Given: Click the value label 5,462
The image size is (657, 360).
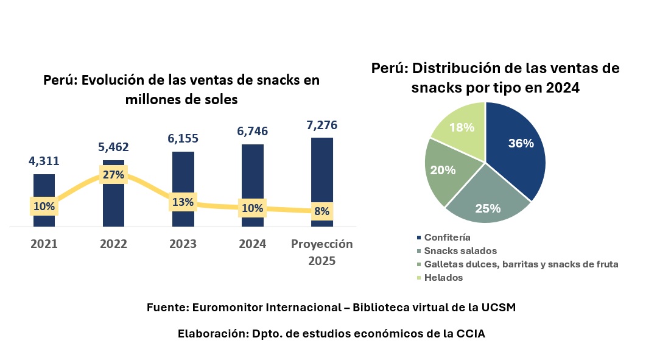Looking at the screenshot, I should tap(113, 147).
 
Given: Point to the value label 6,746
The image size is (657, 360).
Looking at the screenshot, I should tap(252, 131).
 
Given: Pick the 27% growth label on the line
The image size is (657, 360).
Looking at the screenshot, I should tap(113, 175).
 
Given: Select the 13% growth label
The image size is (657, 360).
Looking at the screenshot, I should tap(183, 202).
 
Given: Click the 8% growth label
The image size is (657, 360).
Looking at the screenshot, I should tap(321, 211).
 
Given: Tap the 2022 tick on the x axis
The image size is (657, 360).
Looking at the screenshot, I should tap(113, 244).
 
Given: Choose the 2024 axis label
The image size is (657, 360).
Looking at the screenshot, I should tap(252, 244).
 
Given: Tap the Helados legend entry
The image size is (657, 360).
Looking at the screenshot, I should tap(444, 278).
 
